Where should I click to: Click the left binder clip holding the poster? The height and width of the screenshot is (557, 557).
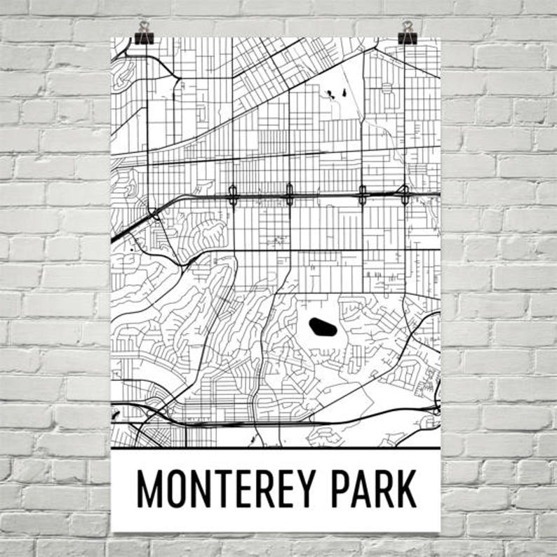point(145,32)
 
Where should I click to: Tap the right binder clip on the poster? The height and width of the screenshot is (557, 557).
point(408,32)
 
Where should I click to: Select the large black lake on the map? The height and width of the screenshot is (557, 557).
point(321,326)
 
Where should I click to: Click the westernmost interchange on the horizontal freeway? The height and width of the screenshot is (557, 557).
point(233,195)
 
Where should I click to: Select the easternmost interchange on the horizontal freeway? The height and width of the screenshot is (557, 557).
point(405,194)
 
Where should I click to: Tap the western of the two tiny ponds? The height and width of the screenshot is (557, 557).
point(328,94)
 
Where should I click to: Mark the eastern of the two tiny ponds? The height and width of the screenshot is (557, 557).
point(345,90)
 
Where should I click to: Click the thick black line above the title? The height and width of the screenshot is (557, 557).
point(276,448)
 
